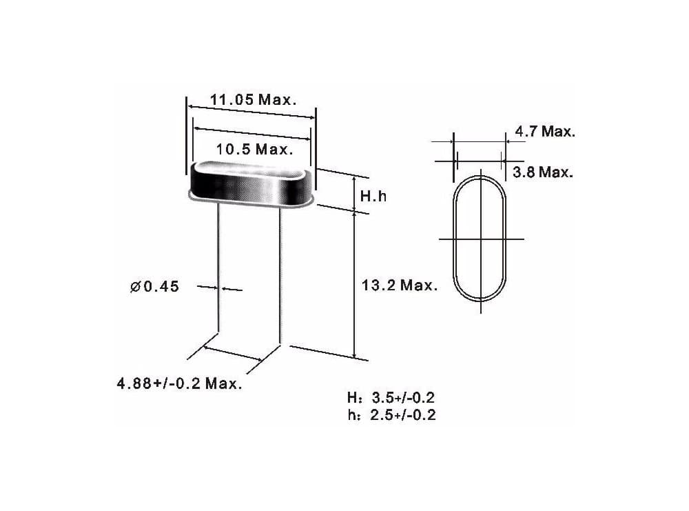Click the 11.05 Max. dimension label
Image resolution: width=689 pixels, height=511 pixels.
(253, 100)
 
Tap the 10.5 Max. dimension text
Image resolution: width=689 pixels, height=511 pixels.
(254, 150)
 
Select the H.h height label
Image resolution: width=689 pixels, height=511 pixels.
(373, 196)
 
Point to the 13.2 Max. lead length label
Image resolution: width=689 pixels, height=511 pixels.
(400, 285)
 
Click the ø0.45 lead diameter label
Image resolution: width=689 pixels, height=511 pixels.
(154, 287)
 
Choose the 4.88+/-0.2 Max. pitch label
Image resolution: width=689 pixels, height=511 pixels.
(179, 383)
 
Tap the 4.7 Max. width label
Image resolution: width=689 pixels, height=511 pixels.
(545, 131)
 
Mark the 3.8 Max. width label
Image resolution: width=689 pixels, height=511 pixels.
(543, 172)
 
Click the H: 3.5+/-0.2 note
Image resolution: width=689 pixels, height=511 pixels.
(391, 397)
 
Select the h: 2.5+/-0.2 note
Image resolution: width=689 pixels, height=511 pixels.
(391, 414)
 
